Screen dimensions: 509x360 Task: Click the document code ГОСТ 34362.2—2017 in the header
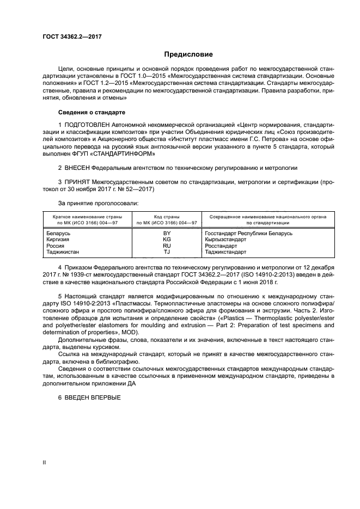tap(72, 36)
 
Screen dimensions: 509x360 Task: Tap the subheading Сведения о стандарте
tap(91, 112)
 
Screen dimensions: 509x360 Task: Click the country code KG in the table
tap(167, 240)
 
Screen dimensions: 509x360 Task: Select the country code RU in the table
tap(167, 246)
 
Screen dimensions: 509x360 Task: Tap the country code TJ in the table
tap(167, 252)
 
